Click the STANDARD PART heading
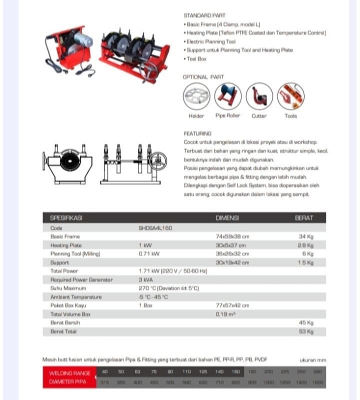tap(204, 15)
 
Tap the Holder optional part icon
tap(196, 96)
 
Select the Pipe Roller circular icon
tap(227, 96)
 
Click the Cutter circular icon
tap(259, 96)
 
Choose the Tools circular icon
tap(290, 96)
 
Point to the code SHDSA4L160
tap(155, 228)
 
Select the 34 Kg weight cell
tap(306, 236)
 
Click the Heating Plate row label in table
tap(65, 245)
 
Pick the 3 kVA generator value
tap(145, 280)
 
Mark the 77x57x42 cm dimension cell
tap(232, 305)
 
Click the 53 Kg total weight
tap(306, 331)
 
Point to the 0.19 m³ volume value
tap(225, 314)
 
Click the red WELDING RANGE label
tap(69, 373)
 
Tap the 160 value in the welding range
tap(235, 372)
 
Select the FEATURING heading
tap(197, 133)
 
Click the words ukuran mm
tap(312, 359)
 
